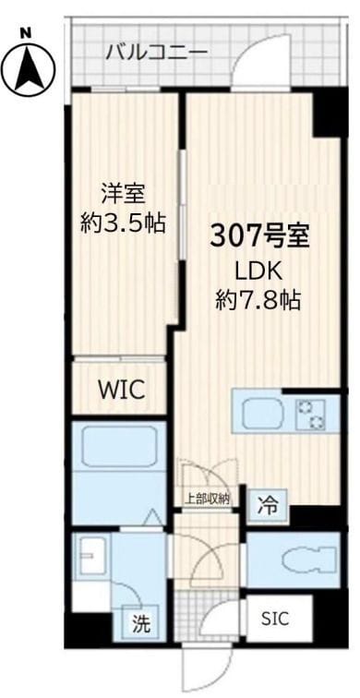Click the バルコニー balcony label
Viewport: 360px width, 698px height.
[156, 51]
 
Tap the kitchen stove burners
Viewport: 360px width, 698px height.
[311, 414]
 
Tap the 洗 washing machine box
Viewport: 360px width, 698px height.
[141, 621]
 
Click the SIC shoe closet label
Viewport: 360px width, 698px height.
[275, 618]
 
